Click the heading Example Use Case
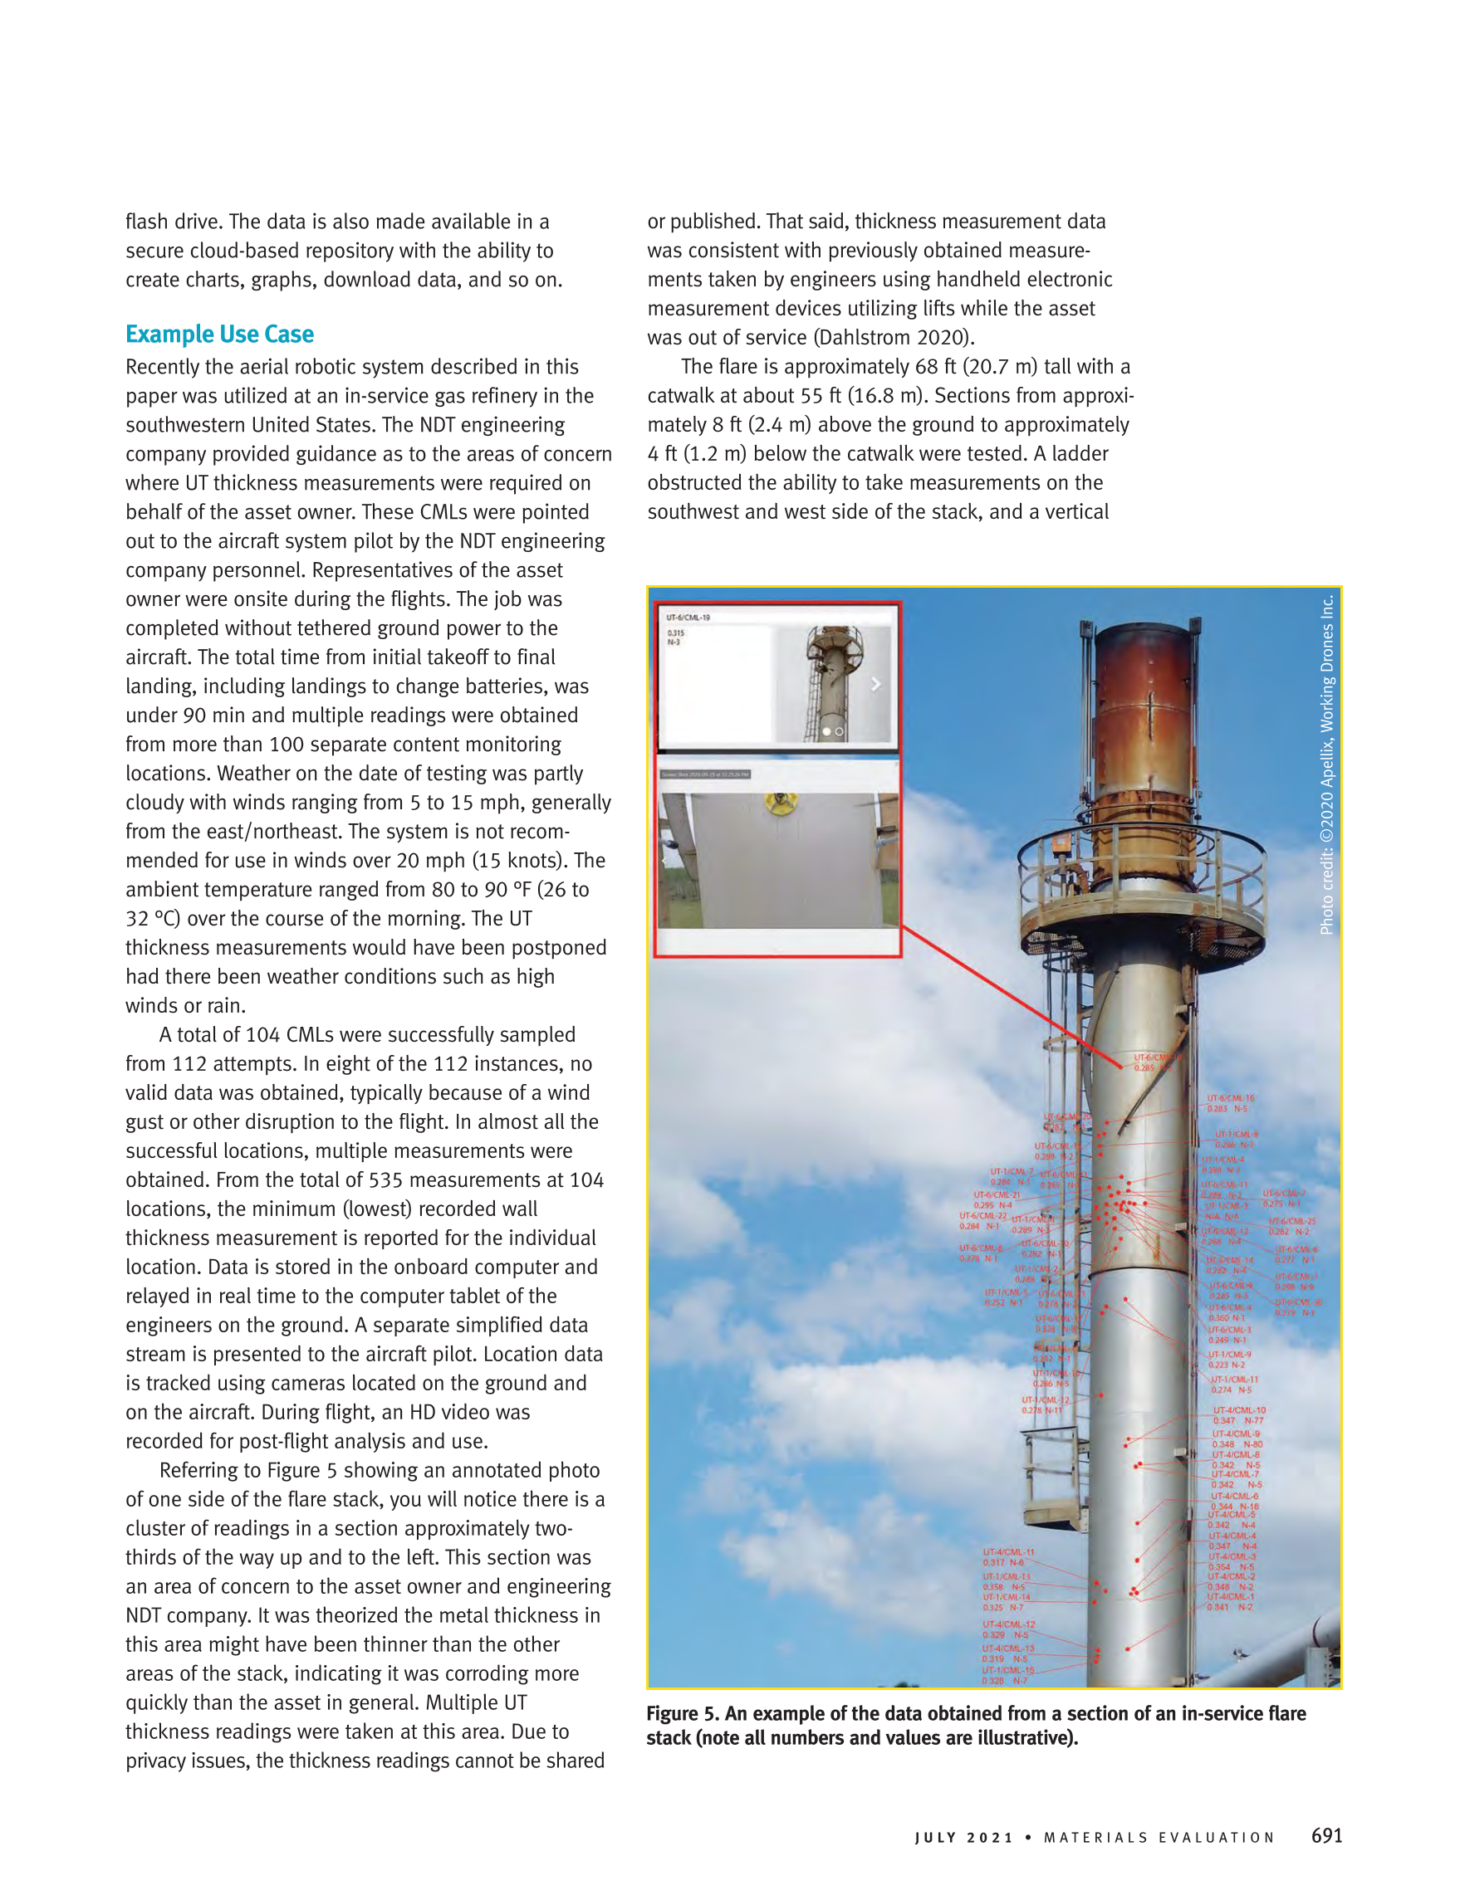point(219,334)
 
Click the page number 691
point(1326,1835)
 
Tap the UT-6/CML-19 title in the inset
point(688,618)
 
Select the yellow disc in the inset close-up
point(781,802)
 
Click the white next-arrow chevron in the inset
point(876,685)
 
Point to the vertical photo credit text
point(1326,764)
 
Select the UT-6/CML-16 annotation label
point(1230,1098)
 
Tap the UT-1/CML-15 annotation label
point(1007,1669)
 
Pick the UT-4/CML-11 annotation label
point(1007,1551)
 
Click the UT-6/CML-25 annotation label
point(1291,1221)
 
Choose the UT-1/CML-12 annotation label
point(1045,1399)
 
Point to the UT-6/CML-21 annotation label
point(997,1194)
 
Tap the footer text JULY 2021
point(963,1838)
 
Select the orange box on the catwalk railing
point(1061,844)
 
